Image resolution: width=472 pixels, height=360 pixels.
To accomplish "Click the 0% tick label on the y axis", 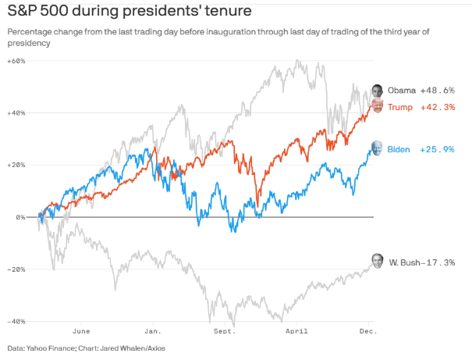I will click(20, 217).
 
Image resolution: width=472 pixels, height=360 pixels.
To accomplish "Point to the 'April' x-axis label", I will click(296, 331).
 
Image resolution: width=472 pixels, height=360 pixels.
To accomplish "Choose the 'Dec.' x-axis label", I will click(367, 331).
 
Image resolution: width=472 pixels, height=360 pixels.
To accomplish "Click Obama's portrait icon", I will click(378, 91).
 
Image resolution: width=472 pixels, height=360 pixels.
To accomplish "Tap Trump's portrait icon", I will click(377, 106).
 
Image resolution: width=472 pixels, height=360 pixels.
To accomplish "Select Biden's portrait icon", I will click(377, 148).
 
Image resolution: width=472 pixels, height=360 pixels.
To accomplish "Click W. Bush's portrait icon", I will click(378, 261).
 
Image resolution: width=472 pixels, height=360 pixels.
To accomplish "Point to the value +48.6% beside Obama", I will click(438, 91).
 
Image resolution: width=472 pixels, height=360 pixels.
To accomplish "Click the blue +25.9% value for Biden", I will click(438, 149).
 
